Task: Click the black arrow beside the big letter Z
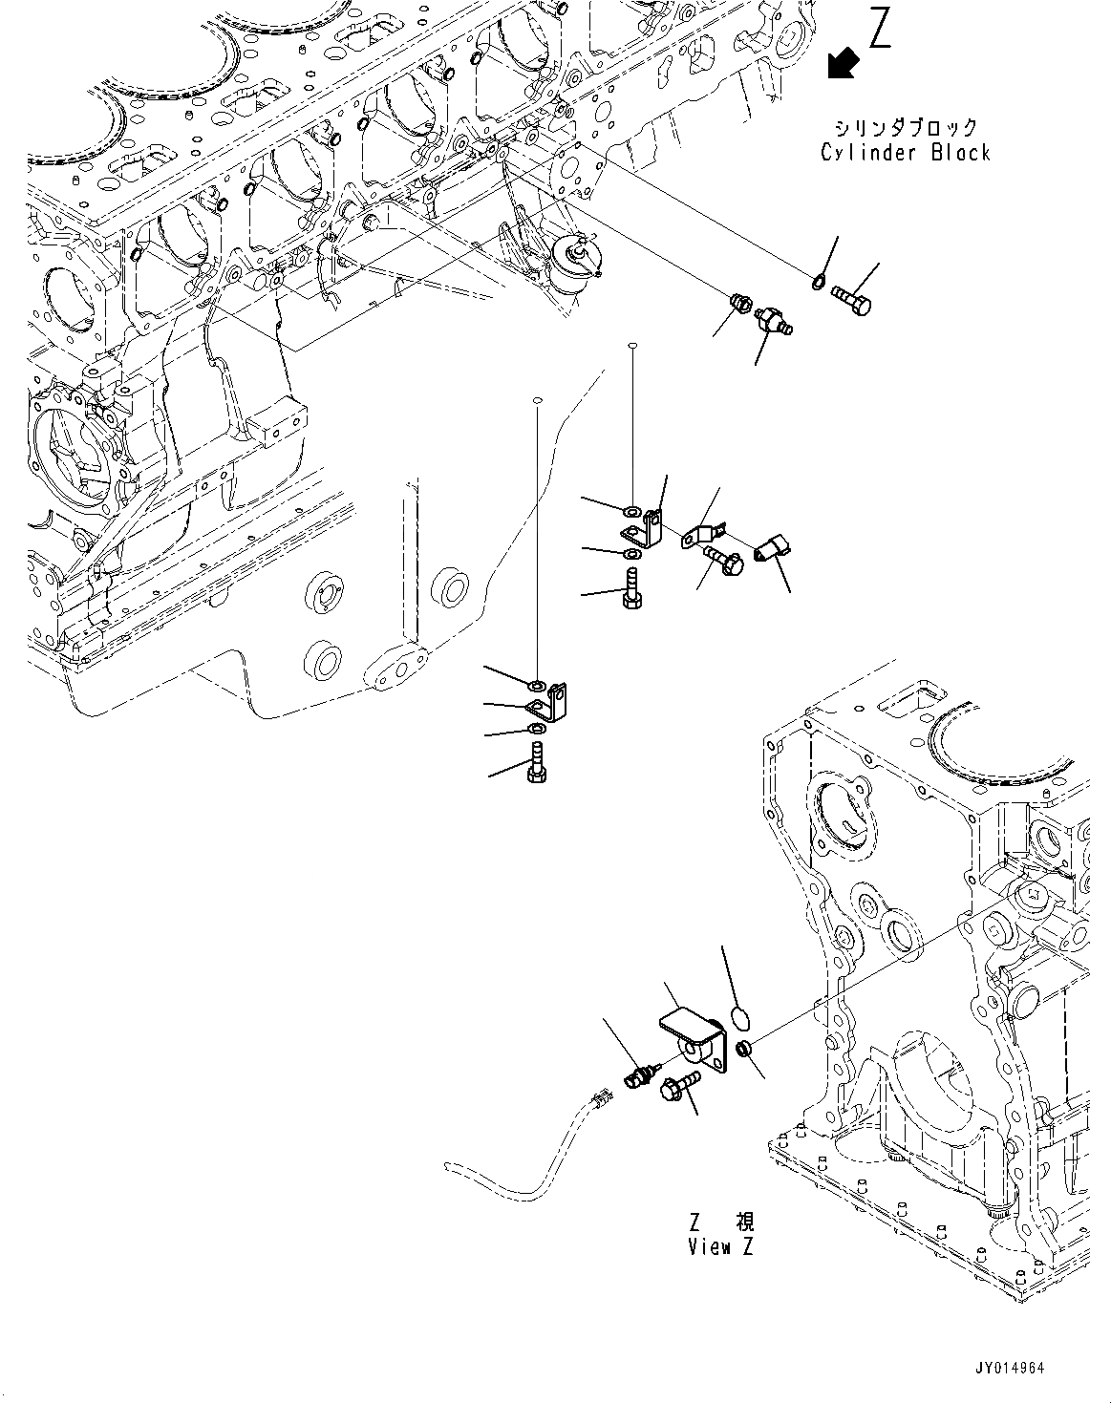[842, 63]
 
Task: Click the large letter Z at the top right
[879, 28]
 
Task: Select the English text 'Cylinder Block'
[906, 153]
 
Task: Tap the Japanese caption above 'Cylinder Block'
[906, 127]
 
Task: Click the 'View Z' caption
[720, 1247]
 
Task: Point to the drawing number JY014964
[1009, 1368]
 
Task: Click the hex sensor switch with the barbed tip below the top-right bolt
[772, 320]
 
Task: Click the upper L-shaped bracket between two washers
[646, 529]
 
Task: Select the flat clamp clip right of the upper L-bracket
[703, 535]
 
